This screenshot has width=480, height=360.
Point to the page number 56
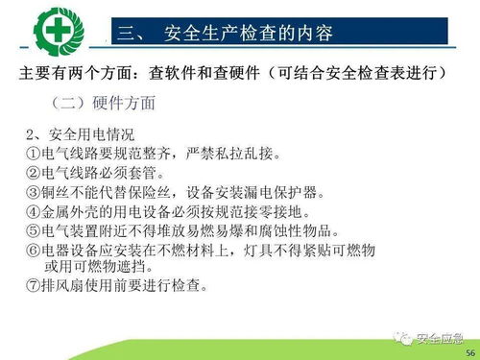tap(469, 352)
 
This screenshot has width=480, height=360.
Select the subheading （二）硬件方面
tap(107, 101)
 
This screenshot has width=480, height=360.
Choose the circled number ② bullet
tap(33, 174)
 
